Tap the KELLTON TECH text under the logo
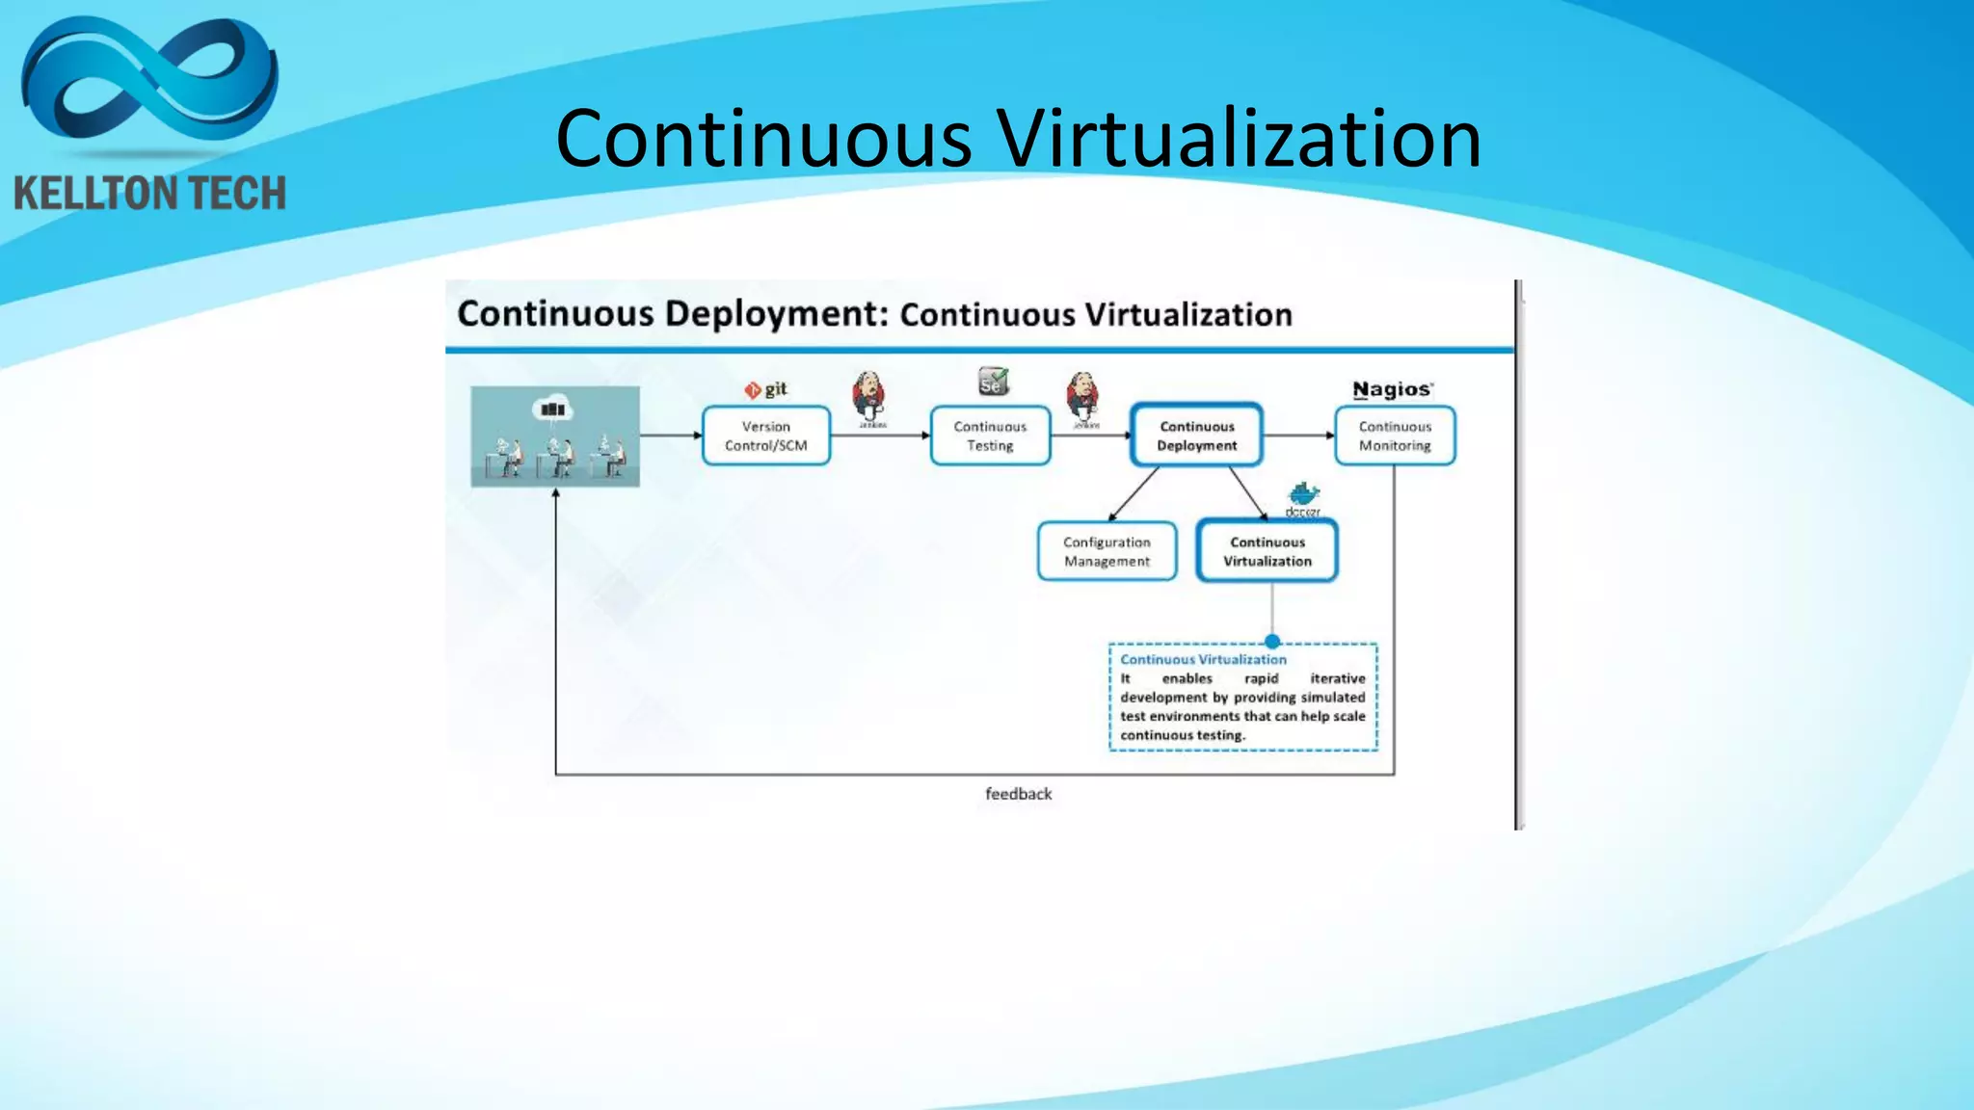(150, 194)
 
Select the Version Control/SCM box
(766, 436)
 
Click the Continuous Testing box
(990, 436)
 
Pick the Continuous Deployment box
(1196, 436)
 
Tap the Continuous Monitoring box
(1395, 436)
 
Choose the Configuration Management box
(1107, 551)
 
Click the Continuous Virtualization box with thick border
(1267, 551)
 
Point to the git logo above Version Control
(765, 389)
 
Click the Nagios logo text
(1392, 389)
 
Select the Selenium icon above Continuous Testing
(993, 382)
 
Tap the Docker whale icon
(1303, 495)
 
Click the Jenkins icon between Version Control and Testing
(869, 395)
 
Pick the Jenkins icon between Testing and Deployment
(1083, 395)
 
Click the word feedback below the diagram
(1018, 794)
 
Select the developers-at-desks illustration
(555, 436)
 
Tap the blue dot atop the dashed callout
(1272, 642)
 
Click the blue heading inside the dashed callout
(1203, 660)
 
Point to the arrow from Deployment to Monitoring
(1298, 436)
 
